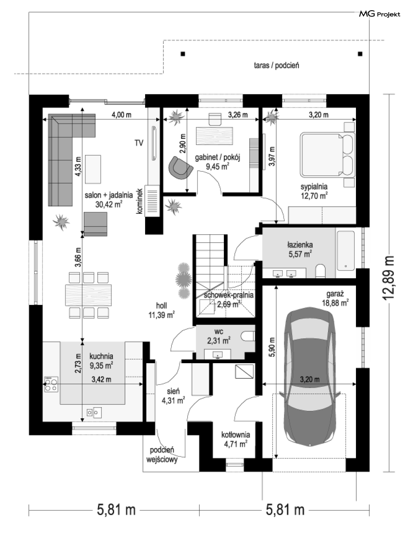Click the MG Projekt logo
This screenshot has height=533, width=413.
(x=380, y=14)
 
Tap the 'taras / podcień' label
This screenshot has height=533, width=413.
(x=276, y=66)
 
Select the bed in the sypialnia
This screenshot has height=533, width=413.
(x=327, y=154)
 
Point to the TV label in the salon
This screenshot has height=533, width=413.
(x=139, y=143)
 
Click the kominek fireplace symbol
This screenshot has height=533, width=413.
(x=152, y=201)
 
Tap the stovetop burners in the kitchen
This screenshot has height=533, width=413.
(x=51, y=384)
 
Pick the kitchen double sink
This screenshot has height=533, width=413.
(x=94, y=412)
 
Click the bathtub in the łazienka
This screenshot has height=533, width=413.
(x=346, y=250)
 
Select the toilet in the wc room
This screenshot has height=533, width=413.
(x=248, y=336)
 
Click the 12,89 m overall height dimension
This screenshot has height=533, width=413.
(x=388, y=277)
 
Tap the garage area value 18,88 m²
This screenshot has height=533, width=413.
(x=335, y=303)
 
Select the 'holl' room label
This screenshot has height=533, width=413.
(x=162, y=306)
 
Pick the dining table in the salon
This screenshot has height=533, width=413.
(x=88, y=295)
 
